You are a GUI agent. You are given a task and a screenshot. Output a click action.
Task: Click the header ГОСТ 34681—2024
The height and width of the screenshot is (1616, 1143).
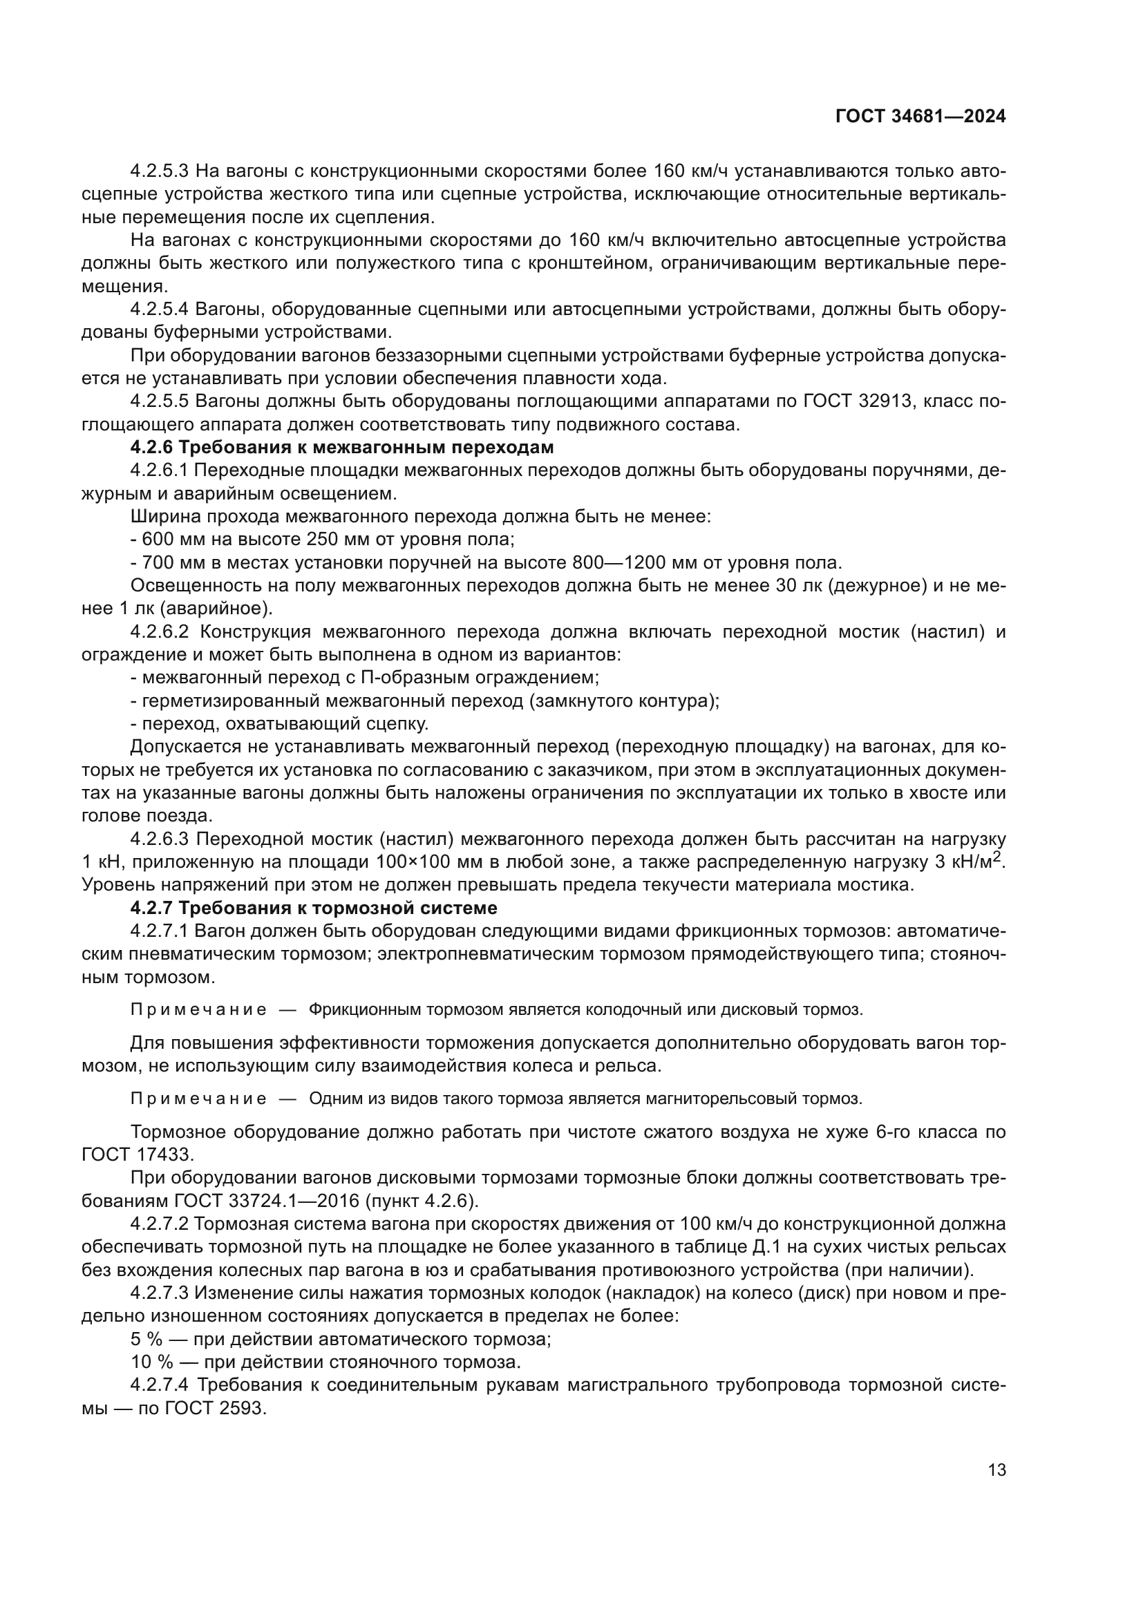(x=920, y=117)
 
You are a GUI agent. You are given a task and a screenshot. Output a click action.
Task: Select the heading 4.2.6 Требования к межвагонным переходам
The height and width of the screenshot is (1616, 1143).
(x=342, y=448)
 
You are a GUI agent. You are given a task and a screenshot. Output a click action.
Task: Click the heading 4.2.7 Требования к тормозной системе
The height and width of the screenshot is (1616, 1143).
(x=314, y=908)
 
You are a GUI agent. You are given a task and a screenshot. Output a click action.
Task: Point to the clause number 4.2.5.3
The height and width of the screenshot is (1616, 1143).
(x=160, y=171)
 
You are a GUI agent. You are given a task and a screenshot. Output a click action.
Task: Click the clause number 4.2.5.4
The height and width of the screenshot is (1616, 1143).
(x=160, y=310)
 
